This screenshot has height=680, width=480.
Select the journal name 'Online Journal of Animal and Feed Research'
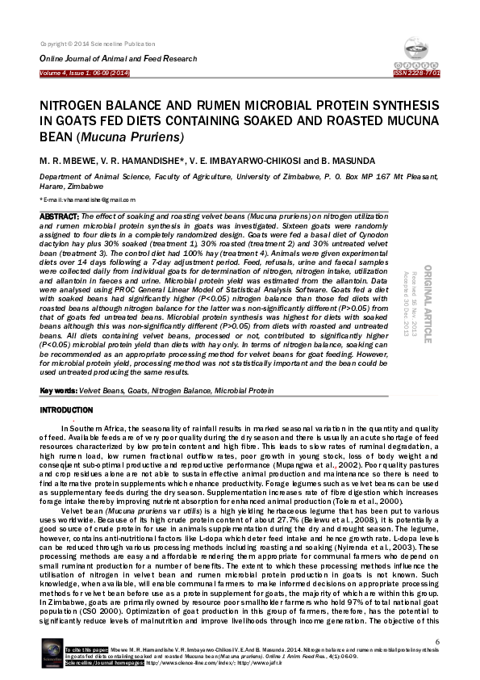(118, 59)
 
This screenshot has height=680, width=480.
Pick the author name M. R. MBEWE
(67, 161)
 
